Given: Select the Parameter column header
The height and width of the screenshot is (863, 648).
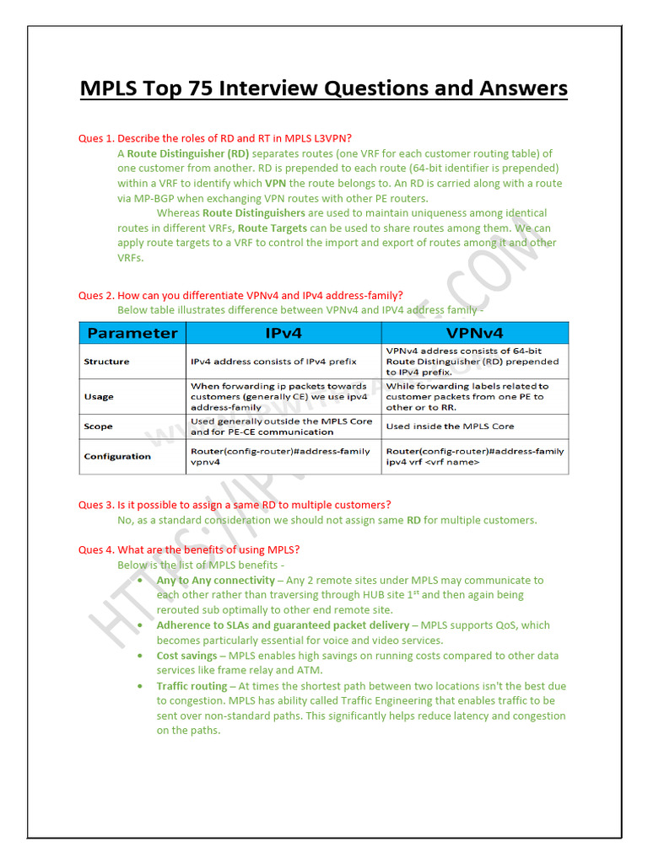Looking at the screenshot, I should tap(132, 333).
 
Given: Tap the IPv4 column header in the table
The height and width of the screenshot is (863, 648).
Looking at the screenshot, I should tap(283, 333).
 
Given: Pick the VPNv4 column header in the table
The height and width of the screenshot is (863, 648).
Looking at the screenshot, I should tap(475, 333).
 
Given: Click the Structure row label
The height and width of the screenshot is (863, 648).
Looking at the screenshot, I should tap(106, 362).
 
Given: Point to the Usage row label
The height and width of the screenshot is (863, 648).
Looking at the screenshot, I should tap(99, 396).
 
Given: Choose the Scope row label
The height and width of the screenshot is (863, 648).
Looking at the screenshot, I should tap(98, 426).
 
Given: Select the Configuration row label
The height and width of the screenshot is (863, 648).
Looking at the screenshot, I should tap(117, 457).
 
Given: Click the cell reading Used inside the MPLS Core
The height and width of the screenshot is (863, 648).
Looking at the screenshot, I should tap(450, 426).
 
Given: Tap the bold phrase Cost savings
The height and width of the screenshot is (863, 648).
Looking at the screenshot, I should tap(186, 656).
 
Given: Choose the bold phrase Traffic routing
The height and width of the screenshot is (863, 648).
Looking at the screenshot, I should tap(192, 686).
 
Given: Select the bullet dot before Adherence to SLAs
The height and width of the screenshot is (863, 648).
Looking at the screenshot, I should tap(139, 625).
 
